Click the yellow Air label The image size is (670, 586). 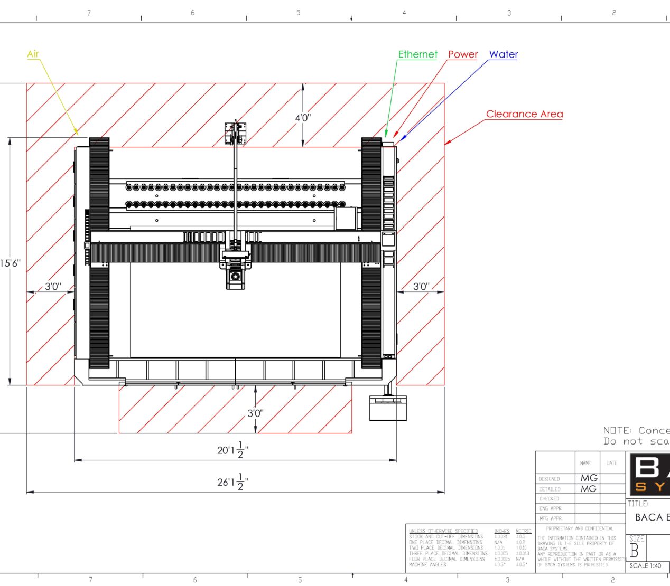[x=33, y=54]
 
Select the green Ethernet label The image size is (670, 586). [x=417, y=54]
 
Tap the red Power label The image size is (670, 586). [x=462, y=54]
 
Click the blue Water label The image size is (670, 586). [x=503, y=54]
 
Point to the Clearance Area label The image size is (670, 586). [x=524, y=114]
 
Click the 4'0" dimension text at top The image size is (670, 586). [x=303, y=118]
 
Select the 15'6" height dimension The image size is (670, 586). [x=11, y=263]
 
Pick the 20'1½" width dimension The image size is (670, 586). [x=232, y=450]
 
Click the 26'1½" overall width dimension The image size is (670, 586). [x=232, y=481]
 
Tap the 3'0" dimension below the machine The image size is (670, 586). [x=255, y=413]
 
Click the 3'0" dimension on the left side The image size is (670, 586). [x=52, y=287]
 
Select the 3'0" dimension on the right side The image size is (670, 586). [x=421, y=287]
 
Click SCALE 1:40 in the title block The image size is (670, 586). [x=645, y=565]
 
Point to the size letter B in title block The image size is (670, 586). [x=635, y=551]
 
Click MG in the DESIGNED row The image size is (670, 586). [x=588, y=478]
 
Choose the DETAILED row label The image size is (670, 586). [x=550, y=489]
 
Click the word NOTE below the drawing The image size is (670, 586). [x=617, y=431]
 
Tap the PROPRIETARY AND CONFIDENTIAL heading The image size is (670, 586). [x=580, y=528]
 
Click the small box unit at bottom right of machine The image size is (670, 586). [x=388, y=408]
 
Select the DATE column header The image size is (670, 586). [x=612, y=463]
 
